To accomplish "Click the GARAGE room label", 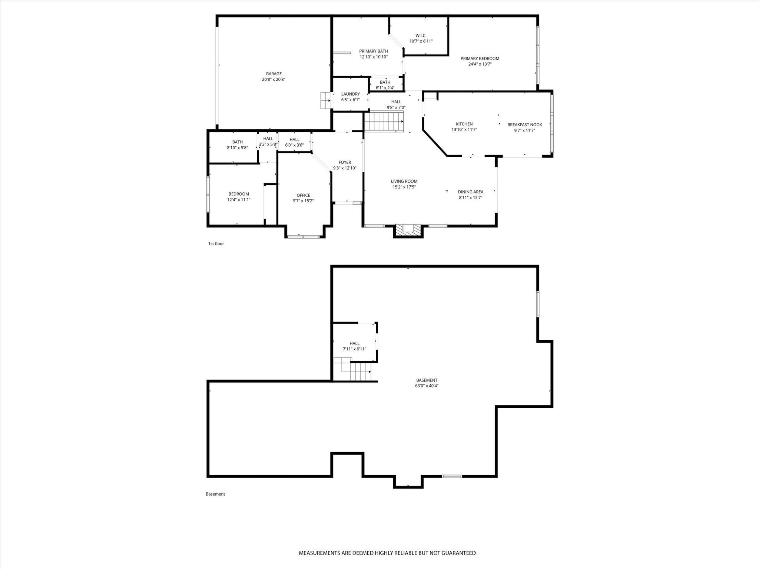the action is [274, 74].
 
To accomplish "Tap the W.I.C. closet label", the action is [421, 36].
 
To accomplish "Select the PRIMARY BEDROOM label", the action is [480, 59].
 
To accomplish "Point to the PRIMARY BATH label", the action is [374, 51].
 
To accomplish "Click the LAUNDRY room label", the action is [351, 94].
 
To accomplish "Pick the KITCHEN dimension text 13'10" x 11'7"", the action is [464, 130].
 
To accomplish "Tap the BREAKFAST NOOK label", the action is [525, 125].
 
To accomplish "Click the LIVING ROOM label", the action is [404, 181].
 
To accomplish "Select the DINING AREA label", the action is [471, 192].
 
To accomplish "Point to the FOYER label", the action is [345, 162].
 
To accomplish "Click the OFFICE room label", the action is [303, 195].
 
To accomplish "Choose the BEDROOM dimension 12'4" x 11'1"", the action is [239, 200].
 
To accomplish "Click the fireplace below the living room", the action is [408, 230].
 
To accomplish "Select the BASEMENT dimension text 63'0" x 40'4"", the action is [427, 386].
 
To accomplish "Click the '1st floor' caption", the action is [216, 244].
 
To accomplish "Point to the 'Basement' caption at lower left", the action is [215, 494].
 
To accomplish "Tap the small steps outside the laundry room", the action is [326, 100].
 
